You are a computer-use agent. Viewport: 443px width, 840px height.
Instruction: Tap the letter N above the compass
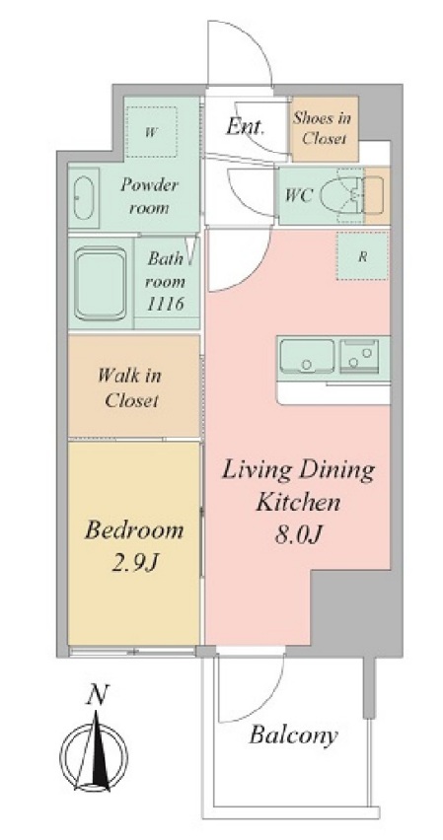point(97,695)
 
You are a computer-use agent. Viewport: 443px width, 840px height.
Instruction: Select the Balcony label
point(293,736)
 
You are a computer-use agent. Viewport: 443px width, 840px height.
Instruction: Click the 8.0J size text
point(298,534)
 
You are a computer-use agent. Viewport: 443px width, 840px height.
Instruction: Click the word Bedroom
point(134,530)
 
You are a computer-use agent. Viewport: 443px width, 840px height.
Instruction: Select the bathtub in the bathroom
point(101,282)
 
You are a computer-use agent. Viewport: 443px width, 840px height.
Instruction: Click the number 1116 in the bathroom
point(165,305)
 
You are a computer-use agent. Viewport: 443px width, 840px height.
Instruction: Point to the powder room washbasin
point(85,196)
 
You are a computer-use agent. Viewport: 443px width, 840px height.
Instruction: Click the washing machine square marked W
point(152,132)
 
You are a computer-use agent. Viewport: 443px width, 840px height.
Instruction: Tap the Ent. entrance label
point(245,127)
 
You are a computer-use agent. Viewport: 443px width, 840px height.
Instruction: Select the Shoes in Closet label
point(323,128)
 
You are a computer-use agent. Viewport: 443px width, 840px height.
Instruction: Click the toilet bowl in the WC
point(341,195)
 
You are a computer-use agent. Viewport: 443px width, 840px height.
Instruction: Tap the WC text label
point(299,195)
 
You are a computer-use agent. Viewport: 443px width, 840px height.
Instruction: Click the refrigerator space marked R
point(362,256)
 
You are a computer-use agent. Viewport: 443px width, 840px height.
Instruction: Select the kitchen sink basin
point(307,356)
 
